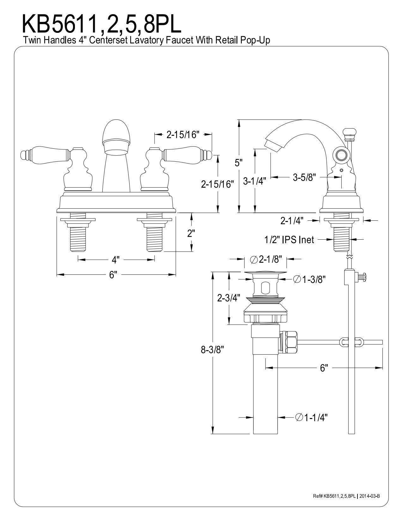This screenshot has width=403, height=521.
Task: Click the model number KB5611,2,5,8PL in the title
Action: coord(101,23)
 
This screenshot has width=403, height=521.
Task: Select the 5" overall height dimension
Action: coord(237,163)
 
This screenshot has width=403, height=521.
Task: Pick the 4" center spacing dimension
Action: coord(115,260)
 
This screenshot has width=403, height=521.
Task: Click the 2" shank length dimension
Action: coord(191,233)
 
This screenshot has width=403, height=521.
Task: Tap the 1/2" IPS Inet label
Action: coord(289,239)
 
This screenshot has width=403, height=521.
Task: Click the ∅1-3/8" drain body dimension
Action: coord(309,279)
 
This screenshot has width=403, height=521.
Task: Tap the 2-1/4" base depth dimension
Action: coord(292,221)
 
